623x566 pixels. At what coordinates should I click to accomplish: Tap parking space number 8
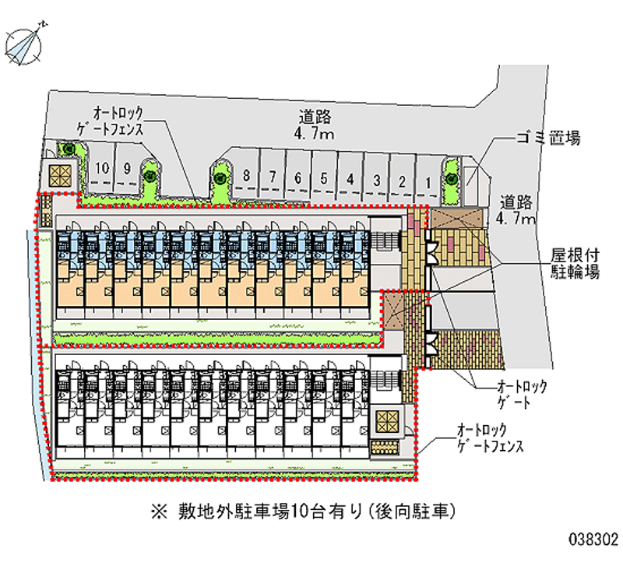pyautogui.click(x=246, y=175)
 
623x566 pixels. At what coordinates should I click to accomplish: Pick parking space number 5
pyautogui.click(x=324, y=178)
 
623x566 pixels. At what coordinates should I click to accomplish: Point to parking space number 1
pyautogui.click(x=428, y=183)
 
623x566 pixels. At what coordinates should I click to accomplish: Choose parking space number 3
pyautogui.click(x=377, y=181)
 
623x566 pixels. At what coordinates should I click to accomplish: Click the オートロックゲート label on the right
pyautogui.click(x=523, y=394)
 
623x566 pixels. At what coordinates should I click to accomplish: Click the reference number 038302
pyautogui.click(x=593, y=538)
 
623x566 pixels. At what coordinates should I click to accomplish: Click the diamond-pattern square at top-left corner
pyautogui.click(x=60, y=175)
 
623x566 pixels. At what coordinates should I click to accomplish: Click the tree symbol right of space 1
pyautogui.click(x=451, y=178)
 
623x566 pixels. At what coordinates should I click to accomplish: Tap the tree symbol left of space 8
pyautogui.click(x=220, y=178)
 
